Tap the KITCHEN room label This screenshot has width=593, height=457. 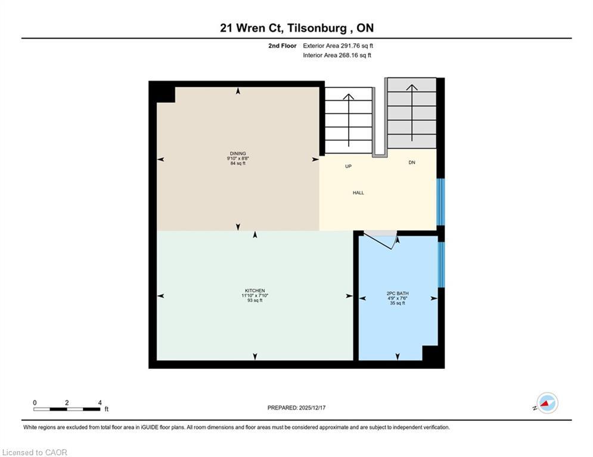[x=254, y=291]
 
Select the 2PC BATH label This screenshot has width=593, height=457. [x=398, y=293]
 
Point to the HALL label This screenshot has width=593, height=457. [x=358, y=193]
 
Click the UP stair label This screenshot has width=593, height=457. [x=349, y=167]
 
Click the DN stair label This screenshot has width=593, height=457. [x=411, y=162]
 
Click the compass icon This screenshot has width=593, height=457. [x=547, y=403]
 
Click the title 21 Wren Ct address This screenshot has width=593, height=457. [x=296, y=28]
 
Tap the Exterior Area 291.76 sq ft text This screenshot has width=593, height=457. [x=338, y=46]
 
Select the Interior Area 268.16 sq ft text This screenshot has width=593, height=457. [x=337, y=55]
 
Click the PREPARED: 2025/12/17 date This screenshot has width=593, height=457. [x=296, y=408]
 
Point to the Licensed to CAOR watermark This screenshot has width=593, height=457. [x=35, y=453]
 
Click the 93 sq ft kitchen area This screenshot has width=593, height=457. [x=254, y=301]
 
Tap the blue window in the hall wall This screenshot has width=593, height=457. [x=440, y=202]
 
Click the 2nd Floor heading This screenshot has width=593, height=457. [x=282, y=46]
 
